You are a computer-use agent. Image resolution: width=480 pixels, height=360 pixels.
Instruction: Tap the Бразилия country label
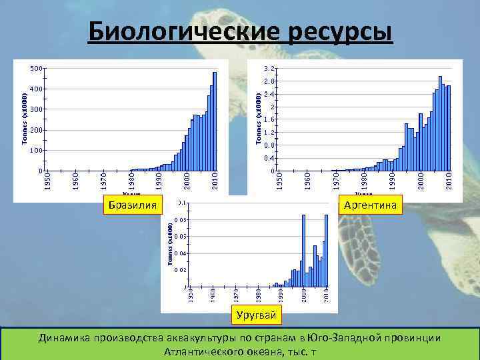click(x=133, y=205)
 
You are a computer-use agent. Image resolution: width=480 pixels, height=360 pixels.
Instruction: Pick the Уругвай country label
click(x=257, y=314)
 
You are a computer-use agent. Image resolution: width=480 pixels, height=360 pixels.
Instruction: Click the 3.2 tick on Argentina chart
click(x=271, y=69)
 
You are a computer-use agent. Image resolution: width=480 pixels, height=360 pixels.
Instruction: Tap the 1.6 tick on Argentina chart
click(x=271, y=119)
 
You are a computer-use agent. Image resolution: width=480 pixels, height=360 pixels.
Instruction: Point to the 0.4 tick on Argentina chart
click(x=271, y=158)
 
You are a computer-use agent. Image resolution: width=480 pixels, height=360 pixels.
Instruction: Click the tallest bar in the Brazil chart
click(x=215, y=121)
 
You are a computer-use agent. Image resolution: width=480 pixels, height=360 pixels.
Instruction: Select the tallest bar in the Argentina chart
click(x=441, y=123)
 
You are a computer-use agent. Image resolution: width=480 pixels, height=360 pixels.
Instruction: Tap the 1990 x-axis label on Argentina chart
click(x=392, y=181)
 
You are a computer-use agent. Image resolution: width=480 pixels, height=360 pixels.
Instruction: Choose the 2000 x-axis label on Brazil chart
click(x=187, y=181)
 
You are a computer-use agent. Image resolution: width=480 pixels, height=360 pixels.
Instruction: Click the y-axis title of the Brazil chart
click(x=25, y=118)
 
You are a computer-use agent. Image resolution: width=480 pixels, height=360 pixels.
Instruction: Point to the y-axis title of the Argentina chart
click(x=259, y=118)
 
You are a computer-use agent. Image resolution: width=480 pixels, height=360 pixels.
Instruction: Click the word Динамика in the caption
click(x=69, y=338)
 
